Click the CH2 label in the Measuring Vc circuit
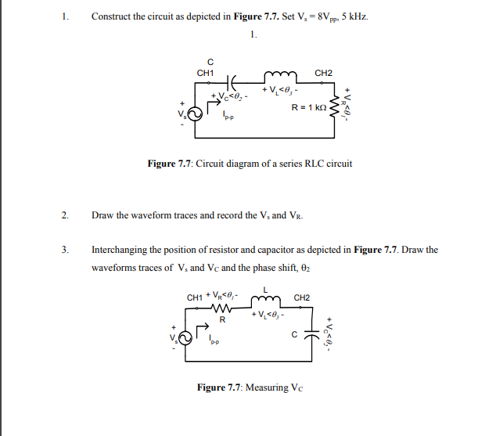point(302,297)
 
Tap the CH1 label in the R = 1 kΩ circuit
point(207,73)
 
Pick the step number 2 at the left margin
point(64,214)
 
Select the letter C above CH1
point(209,62)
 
